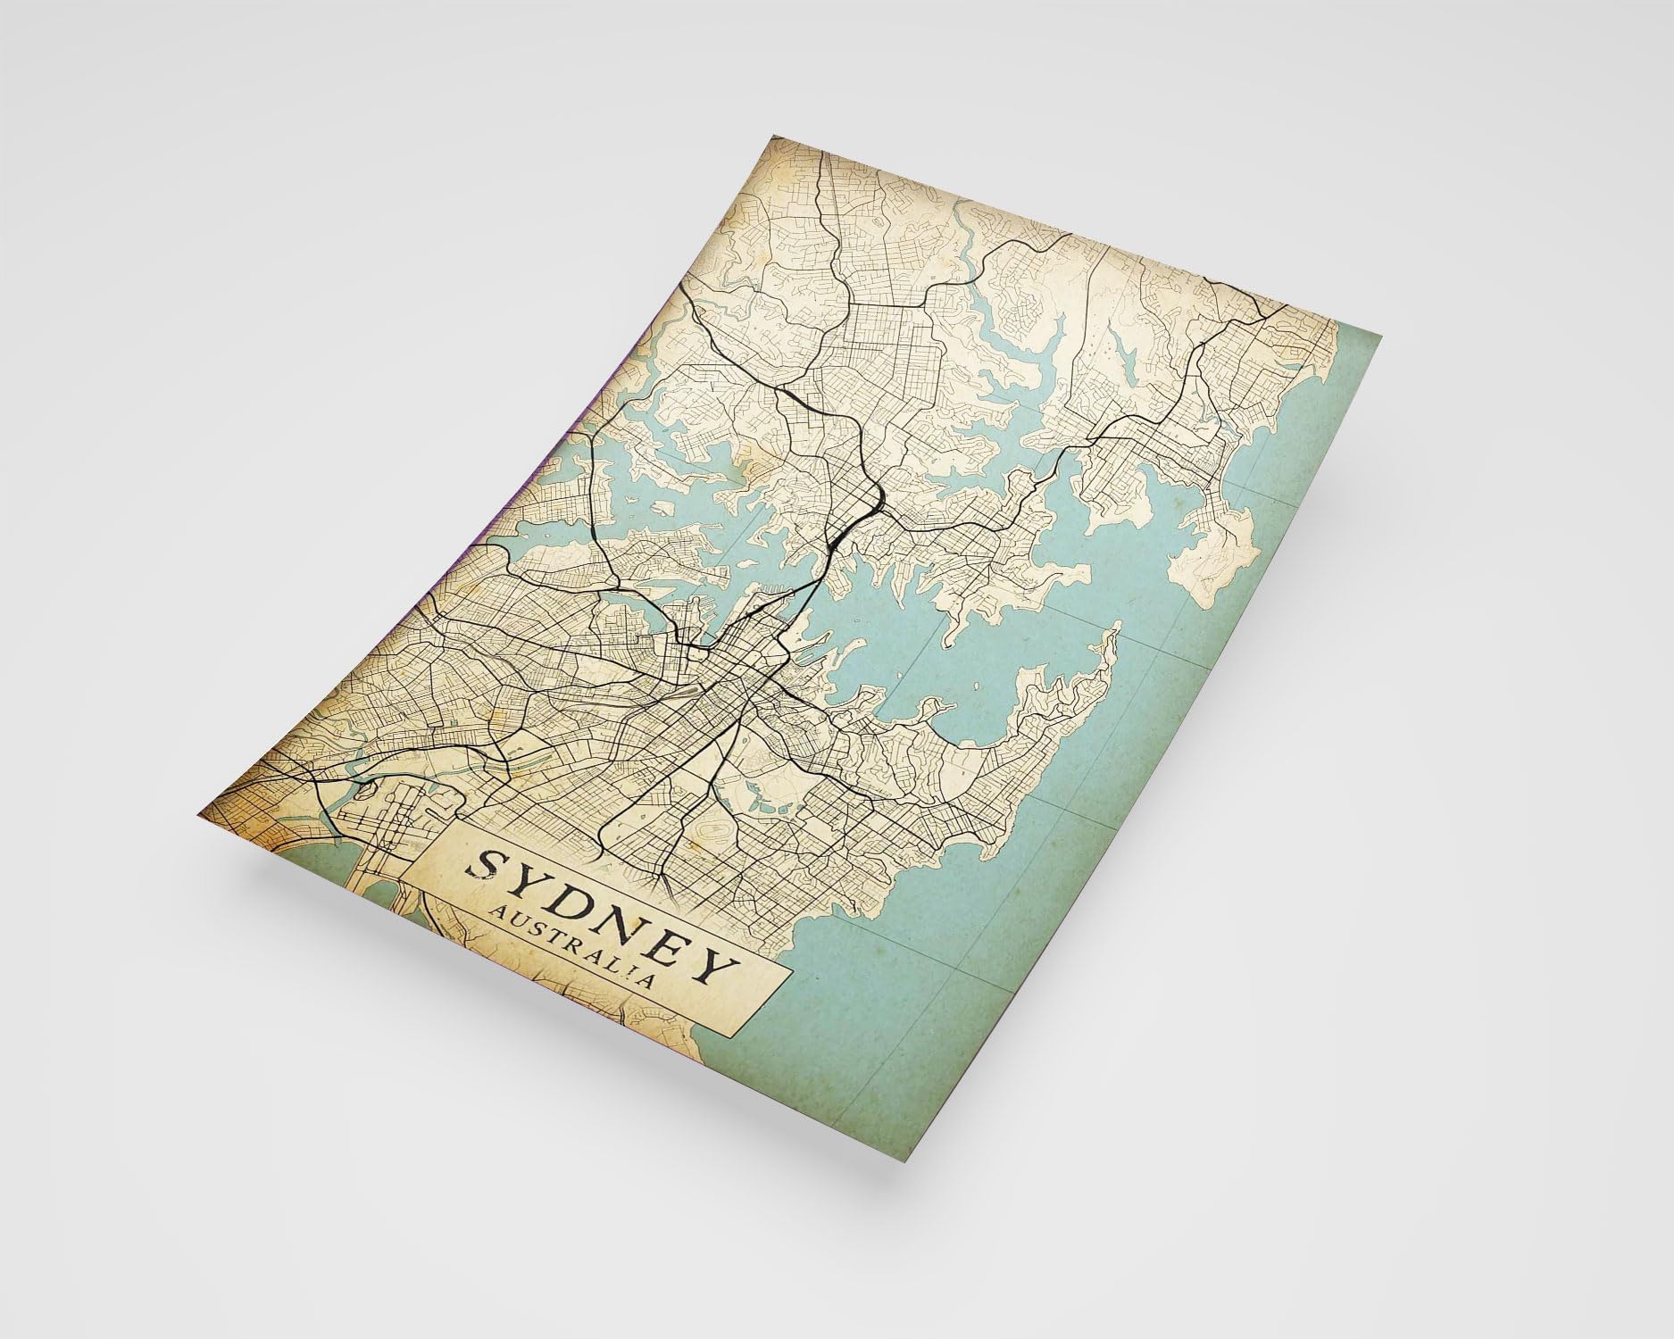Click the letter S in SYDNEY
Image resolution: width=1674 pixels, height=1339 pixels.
click(x=490, y=864)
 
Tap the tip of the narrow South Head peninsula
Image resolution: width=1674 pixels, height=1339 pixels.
click(x=1113, y=634)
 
